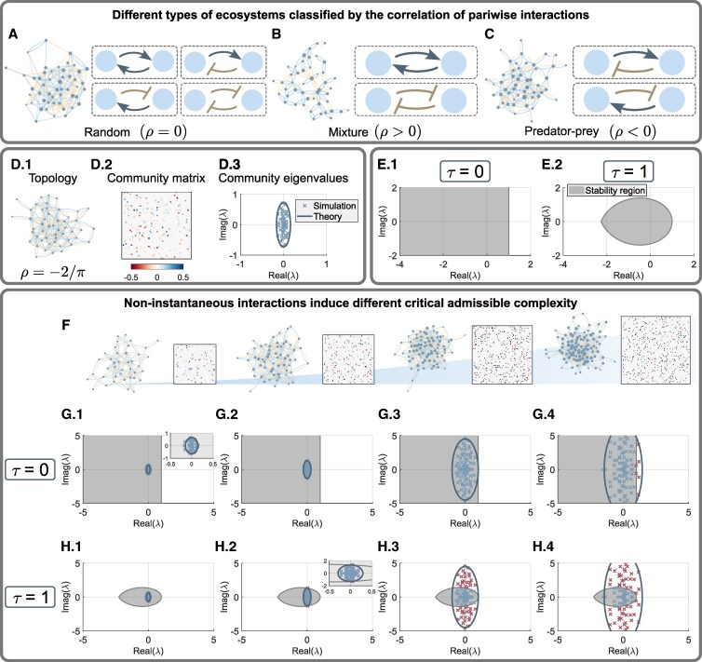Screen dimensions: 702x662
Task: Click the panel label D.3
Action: (x=228, y=165)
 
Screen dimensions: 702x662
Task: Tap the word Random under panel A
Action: (x=107, y=132)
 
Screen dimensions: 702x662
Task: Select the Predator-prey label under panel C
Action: (x=561, y=131)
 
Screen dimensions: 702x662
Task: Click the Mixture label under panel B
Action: (x=348, y=132)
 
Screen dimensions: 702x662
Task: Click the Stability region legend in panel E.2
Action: (x=607, y=191)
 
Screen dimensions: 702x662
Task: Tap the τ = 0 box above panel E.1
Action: (x=466, y=171)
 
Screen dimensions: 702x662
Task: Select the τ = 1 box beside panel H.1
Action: (x=31, y=597)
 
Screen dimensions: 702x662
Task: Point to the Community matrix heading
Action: (x=155, y=178)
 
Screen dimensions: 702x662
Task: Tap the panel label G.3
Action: (x=389, y=414)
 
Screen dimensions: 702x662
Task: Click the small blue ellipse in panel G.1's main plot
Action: (x=148, y=469)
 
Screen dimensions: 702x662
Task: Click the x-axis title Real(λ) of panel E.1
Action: (x=466, y=276)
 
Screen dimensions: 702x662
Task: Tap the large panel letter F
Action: (x=65, y=325)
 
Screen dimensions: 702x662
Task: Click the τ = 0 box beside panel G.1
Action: (x=31, y=471)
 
